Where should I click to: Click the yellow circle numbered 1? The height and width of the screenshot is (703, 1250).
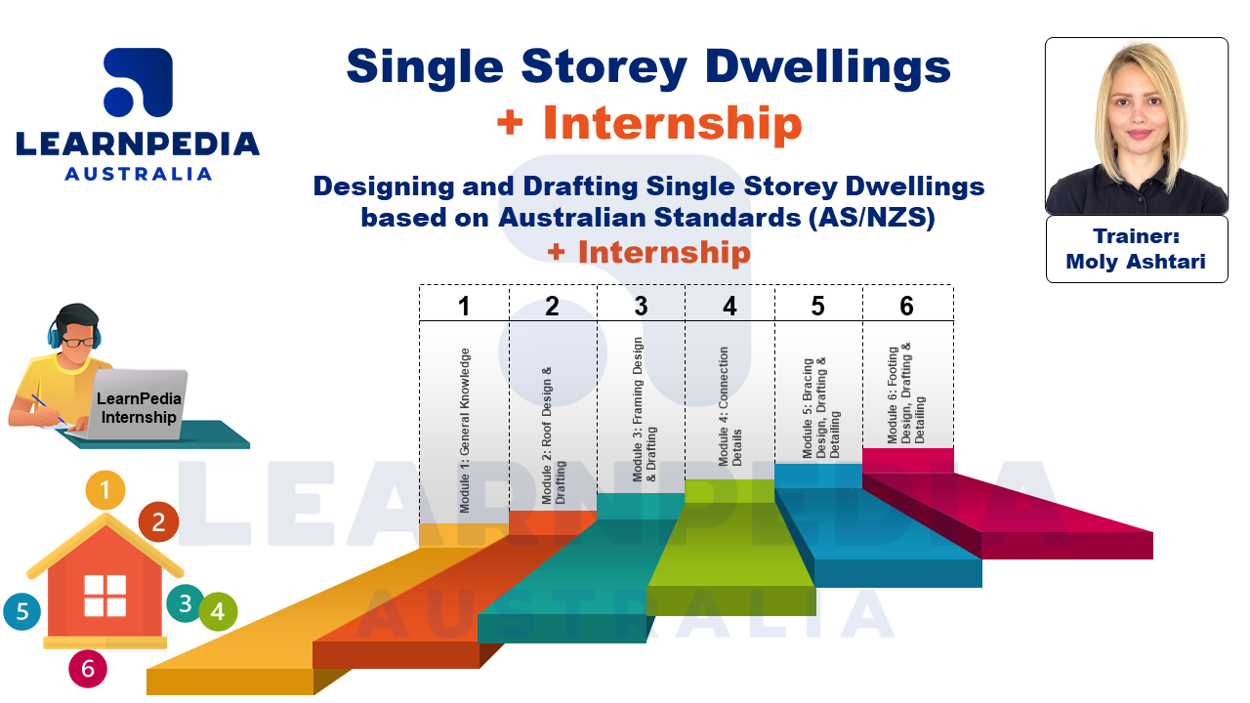point(105,489)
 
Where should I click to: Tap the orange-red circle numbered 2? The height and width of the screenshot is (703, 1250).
point(158,522)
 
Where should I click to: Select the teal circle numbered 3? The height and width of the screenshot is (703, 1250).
point(186,603)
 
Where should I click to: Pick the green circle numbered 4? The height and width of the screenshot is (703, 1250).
point(218,612)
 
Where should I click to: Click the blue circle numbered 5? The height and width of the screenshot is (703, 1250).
point(22,612)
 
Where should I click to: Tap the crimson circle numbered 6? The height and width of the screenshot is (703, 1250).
point(88,669)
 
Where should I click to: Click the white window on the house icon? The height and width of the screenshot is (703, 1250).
point(104,596)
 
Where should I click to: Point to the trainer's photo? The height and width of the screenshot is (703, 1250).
point(1136,127)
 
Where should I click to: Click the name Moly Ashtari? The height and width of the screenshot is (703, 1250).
point(1136,262)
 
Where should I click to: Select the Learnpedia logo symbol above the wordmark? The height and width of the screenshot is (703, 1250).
point(138,84)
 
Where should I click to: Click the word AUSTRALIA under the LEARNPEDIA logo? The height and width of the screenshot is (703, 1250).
point(138,174)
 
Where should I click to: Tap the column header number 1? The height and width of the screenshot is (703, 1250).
point(464,306)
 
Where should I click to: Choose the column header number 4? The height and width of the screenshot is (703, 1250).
point(729,306)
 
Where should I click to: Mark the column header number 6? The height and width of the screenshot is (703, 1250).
point(906,306)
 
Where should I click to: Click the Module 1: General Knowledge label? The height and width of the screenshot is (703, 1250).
point(465,430)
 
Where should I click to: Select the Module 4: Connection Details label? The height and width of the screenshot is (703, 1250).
point(729,406)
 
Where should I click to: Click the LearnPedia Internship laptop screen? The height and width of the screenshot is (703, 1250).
point(140,408)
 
